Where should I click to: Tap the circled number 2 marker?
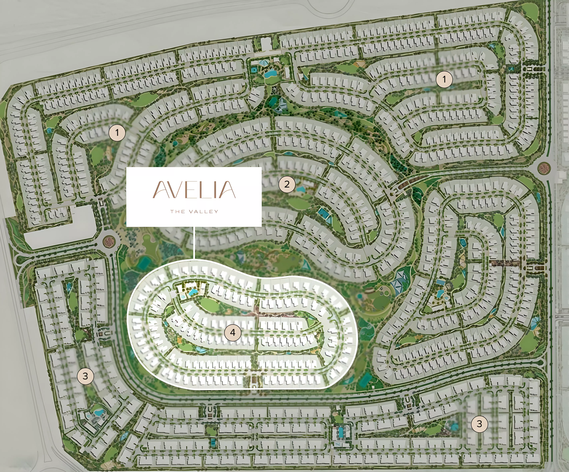click(287, 184)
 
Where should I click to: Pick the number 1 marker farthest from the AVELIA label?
click(444, 79)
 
